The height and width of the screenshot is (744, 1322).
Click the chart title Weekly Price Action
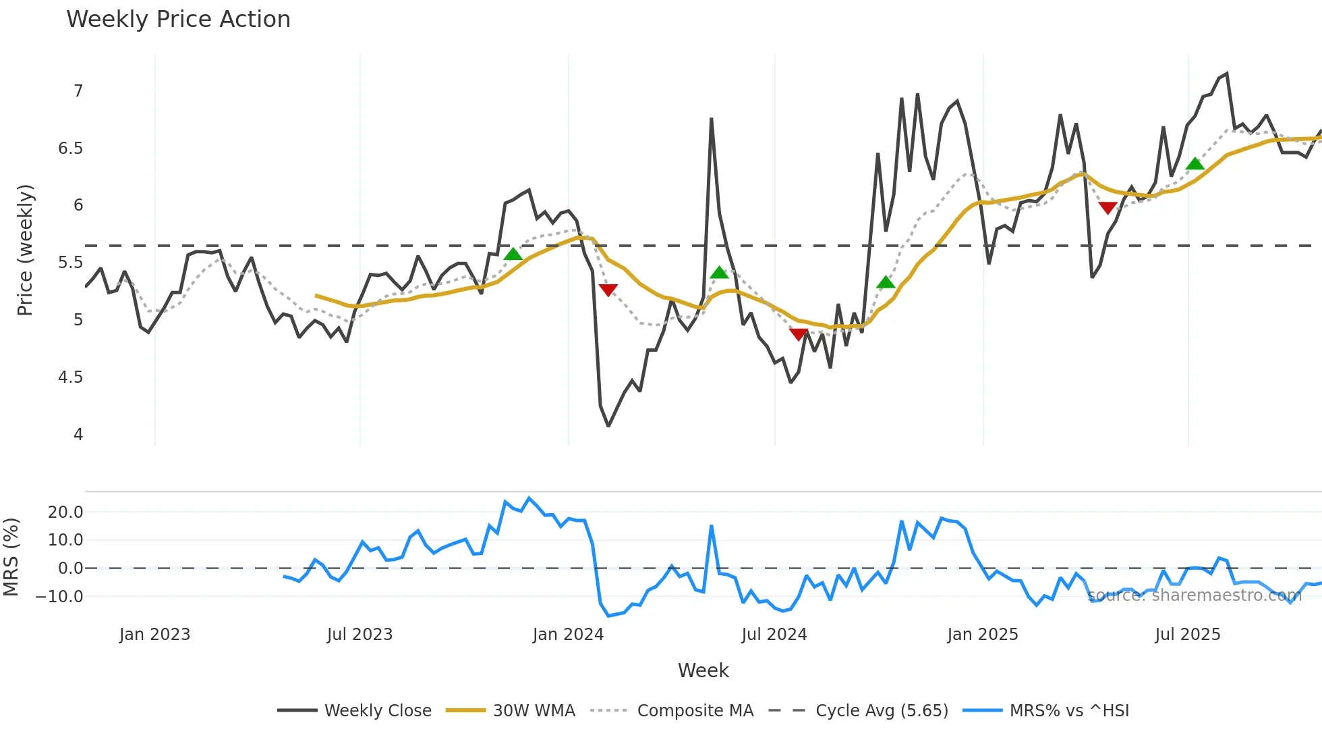(178, 20)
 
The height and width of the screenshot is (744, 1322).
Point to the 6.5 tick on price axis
(71, 149)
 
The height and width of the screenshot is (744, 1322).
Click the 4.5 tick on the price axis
(71, 377)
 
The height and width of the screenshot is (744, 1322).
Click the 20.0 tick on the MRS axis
(65, 512)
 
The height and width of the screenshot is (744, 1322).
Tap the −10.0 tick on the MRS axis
(60, 597)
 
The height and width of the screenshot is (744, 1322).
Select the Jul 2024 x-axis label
(774, 635)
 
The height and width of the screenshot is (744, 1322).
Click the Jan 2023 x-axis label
(154, 635)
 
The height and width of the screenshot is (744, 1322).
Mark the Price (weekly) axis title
(25, 250)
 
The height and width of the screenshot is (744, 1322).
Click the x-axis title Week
(703, 670)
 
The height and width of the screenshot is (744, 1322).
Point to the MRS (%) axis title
(11, 557)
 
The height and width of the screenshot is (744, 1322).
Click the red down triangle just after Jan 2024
(608, 290)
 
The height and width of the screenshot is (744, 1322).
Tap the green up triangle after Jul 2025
(1195, 164)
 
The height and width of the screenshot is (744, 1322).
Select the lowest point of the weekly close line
(608, 426)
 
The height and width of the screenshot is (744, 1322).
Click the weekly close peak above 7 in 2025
(1226, 74)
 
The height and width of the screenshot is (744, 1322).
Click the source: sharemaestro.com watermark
(1194, 595)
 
